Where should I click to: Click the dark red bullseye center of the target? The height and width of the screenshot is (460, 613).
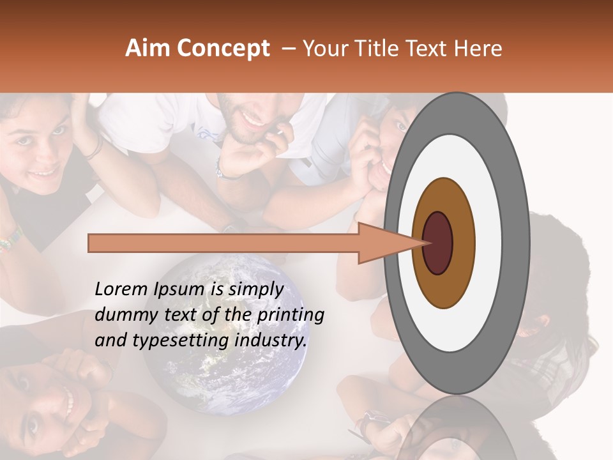(437, 243)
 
